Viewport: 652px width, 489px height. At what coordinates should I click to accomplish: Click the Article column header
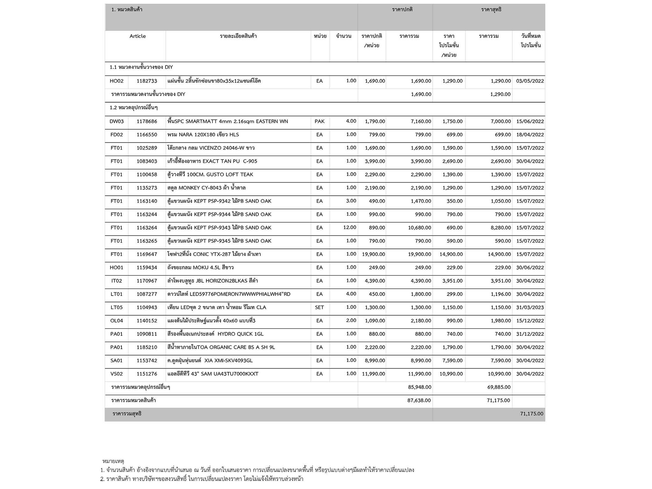coord(138,36)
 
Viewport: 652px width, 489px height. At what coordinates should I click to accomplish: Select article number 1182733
coord(147,81)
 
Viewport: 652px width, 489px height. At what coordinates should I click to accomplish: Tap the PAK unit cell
coord(319,121)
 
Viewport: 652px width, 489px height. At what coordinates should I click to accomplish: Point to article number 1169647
coord(147,254)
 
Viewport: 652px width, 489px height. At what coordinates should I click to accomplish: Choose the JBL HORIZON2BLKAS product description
coord(213,281)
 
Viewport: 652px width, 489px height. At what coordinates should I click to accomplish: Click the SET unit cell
coord(319,308)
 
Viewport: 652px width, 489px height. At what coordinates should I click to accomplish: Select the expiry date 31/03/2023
coord(530,308)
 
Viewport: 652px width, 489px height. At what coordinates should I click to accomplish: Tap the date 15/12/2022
coord(530,321)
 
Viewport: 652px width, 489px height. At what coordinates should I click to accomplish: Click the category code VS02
coord(117,374)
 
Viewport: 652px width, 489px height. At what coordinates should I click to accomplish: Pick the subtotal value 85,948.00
coord(420,387)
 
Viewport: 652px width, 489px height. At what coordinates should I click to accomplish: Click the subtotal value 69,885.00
coord(499,387)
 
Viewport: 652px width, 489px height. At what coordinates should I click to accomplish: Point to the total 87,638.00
coord(419,400)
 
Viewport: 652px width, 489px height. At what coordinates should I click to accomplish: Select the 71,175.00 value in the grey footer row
coord(531,414)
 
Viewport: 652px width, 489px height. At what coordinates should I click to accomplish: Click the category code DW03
coord(117,121)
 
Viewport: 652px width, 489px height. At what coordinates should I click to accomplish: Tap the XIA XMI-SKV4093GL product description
coord(210,361)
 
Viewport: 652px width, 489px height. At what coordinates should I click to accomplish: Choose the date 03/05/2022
coord(530,81)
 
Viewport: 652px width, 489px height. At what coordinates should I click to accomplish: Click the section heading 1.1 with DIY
coord(141,67)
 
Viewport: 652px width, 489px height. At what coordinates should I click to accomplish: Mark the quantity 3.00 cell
coord(351,201)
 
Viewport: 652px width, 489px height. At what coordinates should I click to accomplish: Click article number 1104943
coord(147,308)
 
